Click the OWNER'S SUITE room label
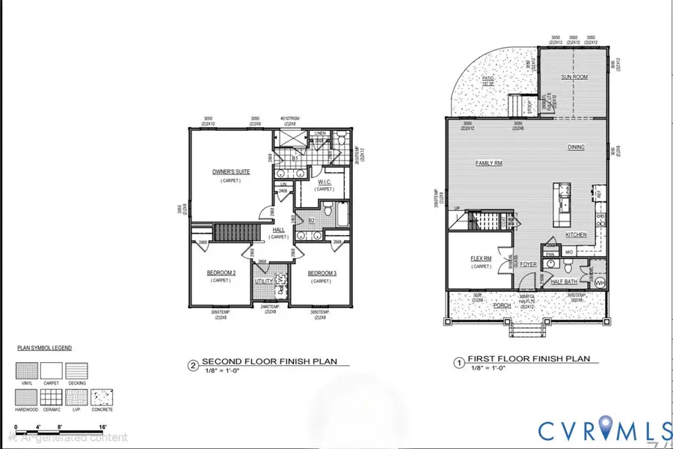(x=231, y=172)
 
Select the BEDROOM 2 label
(x=221, y=273)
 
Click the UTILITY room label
(x=265, y=281)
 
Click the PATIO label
(x=490, y=98)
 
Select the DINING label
(x=576, y=147)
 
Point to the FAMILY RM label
(x=488, y=162)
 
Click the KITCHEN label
(x=576, y=235)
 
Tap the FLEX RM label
(x=481, y=259)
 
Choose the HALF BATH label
(x=565, y=281)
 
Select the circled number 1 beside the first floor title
(x=458, y=363)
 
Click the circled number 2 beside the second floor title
(x=193, y=366)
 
